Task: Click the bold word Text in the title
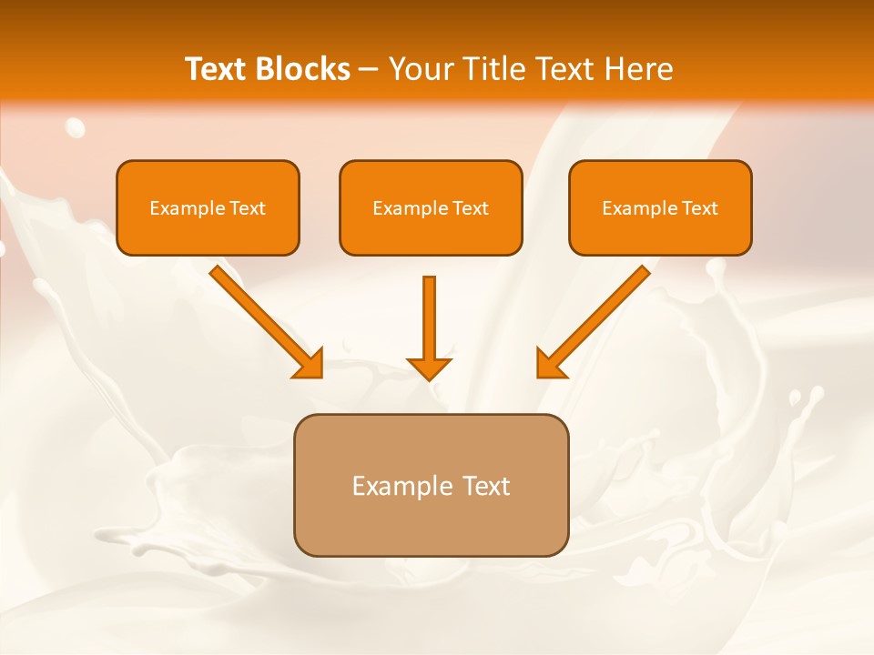218,69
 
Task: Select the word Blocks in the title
303,69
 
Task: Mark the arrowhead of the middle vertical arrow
429,368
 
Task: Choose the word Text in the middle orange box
471,208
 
